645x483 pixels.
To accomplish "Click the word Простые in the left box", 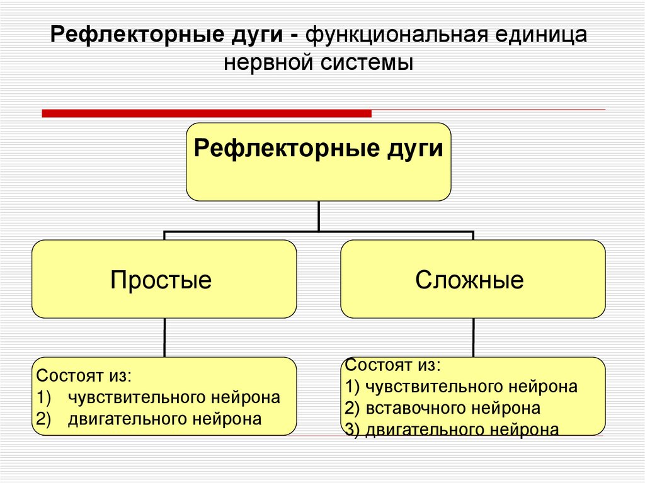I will point(161,280).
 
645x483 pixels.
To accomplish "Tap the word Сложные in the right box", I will point(469,280).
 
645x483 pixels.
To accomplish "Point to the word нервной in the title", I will point(273,63).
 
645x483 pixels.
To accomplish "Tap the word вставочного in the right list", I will point(409,408).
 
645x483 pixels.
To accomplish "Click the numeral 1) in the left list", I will point(43,398).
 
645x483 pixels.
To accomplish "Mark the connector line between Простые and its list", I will point(164,338).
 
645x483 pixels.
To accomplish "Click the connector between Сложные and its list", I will point(473,338).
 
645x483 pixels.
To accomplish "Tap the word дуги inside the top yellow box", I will point(417,150).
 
